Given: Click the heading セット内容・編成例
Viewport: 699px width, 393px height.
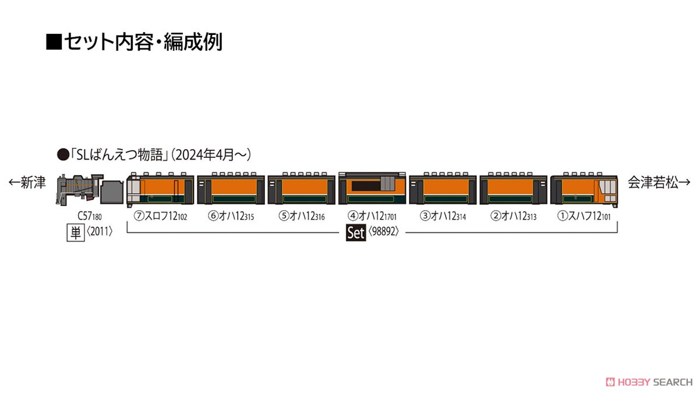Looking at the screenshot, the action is (x=134, y=41).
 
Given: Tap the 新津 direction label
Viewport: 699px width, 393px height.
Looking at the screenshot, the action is (x=27, y=182).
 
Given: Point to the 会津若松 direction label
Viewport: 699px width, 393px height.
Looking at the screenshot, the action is (x=659, y=182).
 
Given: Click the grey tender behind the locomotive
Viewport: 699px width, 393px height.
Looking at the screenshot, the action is (x=113, y=192).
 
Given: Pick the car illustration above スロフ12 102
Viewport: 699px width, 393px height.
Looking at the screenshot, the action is (x=160, y=189).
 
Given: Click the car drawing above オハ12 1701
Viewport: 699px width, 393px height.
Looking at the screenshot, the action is (x=372, y=188).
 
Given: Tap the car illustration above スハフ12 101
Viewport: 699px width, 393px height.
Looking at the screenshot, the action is (x=584, y=189).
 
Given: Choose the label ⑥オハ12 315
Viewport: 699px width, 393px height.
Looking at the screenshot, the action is (x=231, y=216).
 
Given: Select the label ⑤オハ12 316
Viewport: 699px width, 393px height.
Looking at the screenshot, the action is (x=302, y=216).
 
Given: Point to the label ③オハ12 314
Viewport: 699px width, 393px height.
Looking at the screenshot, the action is (x=443, y=216).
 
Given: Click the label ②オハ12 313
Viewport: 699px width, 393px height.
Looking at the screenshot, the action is (x=513, y=216).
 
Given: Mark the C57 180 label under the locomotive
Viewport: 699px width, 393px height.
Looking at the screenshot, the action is (x=90, y=216).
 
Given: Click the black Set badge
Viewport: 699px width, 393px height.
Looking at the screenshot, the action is (x=356, y=233).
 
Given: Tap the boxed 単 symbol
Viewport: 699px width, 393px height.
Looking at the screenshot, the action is (x=76, y=233).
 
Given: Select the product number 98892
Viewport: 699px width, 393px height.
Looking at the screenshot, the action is (x=383, y=232).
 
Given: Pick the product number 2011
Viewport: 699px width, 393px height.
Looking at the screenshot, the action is (x=99, y=232).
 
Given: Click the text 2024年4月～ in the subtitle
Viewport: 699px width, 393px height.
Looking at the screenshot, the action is (x=211, y=155).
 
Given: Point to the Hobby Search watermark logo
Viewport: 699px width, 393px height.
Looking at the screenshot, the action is (x=649, y=382).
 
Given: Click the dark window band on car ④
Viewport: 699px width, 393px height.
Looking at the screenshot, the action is (x=366, y=186).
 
